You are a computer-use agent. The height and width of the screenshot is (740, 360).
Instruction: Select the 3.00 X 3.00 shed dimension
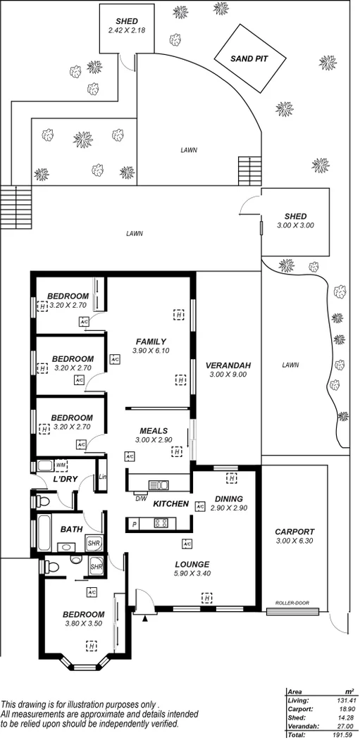pos(295,225)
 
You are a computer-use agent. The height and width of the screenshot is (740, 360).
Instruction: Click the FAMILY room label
pos(151,341)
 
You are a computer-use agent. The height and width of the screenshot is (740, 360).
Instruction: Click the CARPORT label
pos(295,532)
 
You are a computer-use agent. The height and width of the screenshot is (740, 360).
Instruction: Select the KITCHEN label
pos(170,503)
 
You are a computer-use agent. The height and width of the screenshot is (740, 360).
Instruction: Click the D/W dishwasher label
pos(140,500)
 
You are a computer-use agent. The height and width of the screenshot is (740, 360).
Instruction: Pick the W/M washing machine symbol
pos(61,465)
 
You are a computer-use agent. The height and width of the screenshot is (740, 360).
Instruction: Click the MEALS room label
pos(153,431)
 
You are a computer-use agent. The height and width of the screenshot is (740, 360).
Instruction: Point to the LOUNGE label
pos(192,564)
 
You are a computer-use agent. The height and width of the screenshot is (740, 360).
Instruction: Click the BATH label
pos(71,529)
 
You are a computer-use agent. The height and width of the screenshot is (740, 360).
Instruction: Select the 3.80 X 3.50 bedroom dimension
pos(83,624)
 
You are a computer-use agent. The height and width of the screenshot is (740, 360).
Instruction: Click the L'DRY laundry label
pos(64,479)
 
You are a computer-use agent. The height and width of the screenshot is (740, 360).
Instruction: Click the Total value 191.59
pos(342,734)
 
